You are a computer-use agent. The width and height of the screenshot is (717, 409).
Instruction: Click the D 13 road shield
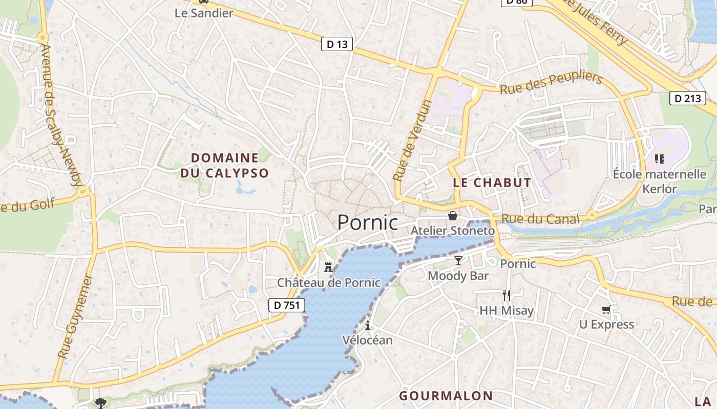337,44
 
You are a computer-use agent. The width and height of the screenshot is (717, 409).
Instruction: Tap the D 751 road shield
287,306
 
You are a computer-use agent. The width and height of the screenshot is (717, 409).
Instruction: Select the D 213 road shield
687,98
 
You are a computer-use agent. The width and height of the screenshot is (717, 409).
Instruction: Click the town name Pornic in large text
367,222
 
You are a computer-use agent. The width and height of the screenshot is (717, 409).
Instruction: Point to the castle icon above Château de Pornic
328,267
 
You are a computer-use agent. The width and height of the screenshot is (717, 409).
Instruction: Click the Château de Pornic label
328,282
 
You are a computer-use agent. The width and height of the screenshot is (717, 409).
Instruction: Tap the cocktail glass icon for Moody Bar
458,261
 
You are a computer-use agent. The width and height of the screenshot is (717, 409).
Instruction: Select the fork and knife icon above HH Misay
506,295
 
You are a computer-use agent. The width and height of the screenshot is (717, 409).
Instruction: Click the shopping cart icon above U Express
606,309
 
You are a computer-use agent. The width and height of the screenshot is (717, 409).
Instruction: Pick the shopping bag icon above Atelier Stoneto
452,216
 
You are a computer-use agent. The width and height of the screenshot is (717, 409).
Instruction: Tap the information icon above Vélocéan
367,325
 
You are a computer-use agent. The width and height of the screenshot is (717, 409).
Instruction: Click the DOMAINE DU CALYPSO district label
224,165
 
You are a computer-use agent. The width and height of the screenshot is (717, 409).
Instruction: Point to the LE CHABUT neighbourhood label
492,183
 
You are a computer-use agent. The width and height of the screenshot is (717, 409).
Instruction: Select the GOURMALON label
446,396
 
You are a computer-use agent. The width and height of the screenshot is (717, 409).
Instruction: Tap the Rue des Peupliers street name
551,83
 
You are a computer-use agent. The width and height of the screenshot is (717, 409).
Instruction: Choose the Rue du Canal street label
540,219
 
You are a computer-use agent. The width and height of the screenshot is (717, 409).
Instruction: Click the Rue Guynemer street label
75,317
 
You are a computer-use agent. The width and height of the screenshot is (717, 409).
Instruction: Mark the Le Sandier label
204,13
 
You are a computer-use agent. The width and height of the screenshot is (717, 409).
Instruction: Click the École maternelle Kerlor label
660,181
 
